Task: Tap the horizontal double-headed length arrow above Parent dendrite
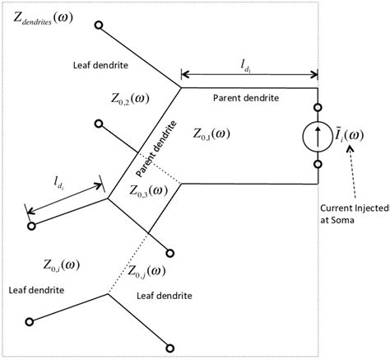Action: click(249, 71)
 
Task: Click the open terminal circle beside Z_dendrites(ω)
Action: click(99, 26)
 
